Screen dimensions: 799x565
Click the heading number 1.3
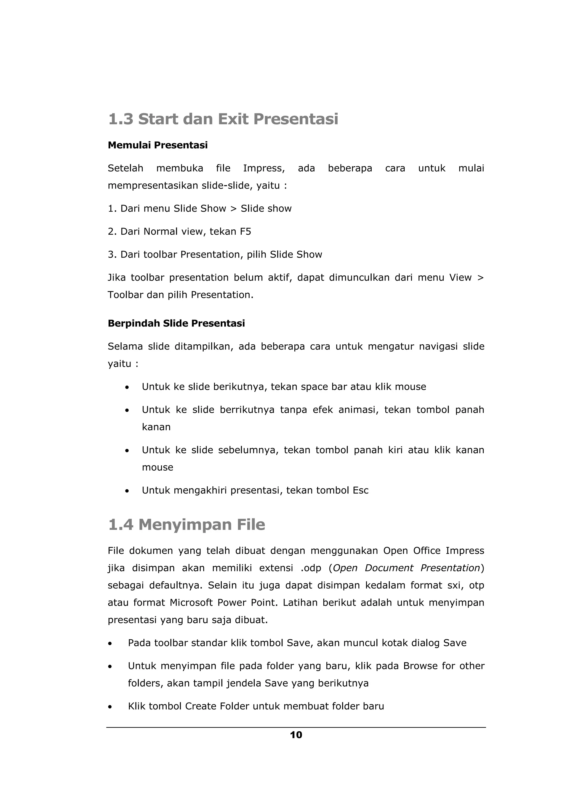coord(121,119)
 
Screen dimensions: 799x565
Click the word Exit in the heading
coord(233,119)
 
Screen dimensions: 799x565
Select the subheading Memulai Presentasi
coord(158,145)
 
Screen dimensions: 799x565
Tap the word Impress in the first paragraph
coord(264,168)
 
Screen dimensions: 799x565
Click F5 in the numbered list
coord(245,232)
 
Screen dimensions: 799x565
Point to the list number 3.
coord(112,255)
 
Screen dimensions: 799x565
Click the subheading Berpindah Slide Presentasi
coord(176,324)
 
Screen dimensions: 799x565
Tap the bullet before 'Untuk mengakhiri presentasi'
coord(127,491)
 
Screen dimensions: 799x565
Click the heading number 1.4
coord(121,525)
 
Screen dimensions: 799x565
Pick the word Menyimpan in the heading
coord(185,525)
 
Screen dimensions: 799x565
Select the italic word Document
coord(388,568)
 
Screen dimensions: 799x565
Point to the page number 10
coord(296,735)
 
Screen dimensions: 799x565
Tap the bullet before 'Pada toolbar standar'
coord(110,644)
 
